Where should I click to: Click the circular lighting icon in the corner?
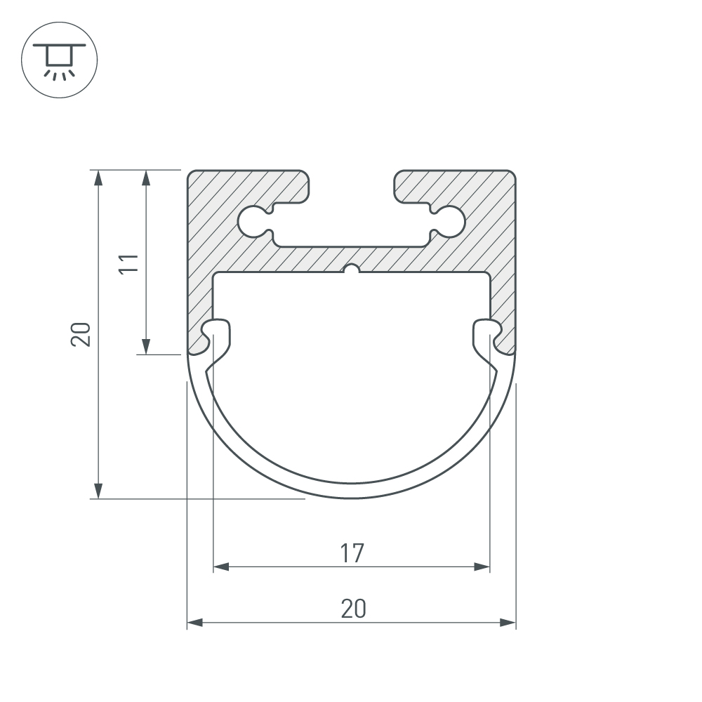click(x=59, y=60)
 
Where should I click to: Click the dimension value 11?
click(x=128, y=263)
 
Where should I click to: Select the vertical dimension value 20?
click(x=81, y=334)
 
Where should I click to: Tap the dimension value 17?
click(x=352, y=553)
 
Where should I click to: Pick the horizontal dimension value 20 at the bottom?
click(x=353, y=609)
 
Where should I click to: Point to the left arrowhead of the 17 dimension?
click(x=221, y=567)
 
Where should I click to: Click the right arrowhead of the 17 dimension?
click(x=482, y=567)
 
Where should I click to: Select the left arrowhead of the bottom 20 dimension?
click(x=195, y=622)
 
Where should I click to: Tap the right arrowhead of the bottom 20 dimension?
click(x=508, y=622)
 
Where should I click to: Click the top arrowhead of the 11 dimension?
click(x=145, y=178)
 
